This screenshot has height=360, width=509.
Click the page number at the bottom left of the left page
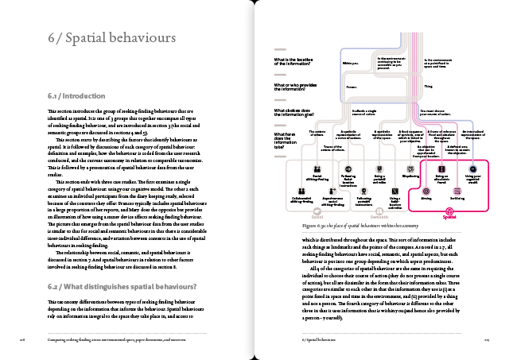click(24, 337)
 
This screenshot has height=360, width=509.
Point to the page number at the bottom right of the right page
click(484, 337)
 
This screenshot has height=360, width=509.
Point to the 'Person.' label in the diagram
click(352, 87)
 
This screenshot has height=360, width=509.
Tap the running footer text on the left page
click(112, 337)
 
